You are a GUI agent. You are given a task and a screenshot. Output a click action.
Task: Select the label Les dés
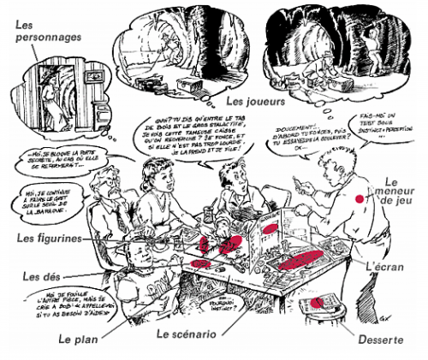pos(39,277)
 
